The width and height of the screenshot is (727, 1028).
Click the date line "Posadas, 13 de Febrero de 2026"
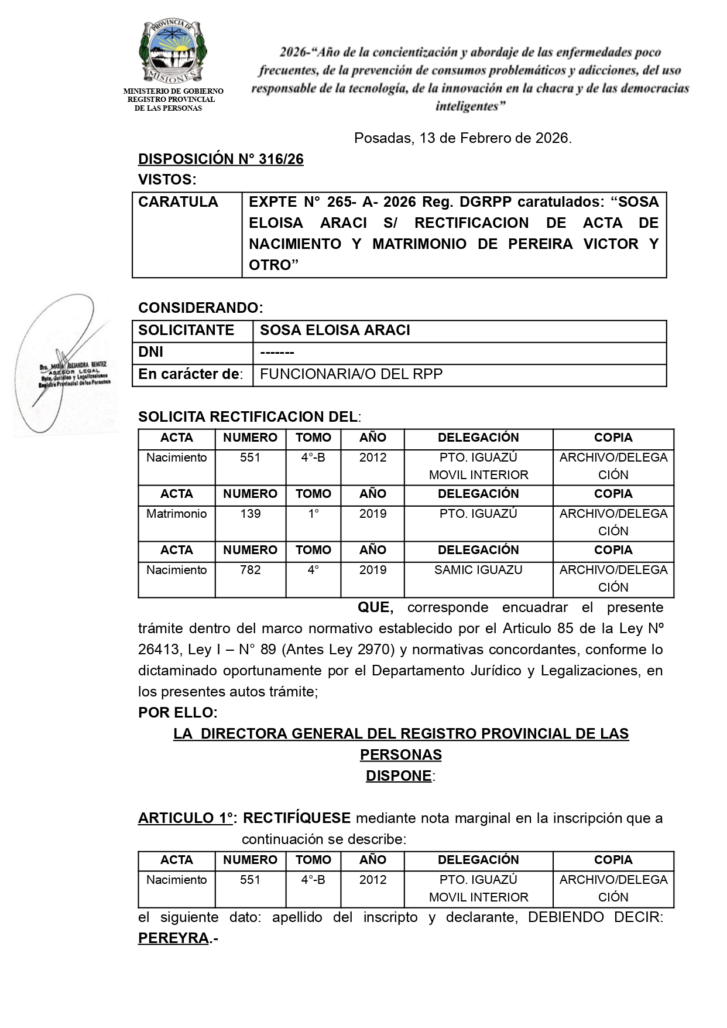[x=462, y=138]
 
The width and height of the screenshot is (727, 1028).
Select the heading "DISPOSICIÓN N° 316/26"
[x=221, y=159]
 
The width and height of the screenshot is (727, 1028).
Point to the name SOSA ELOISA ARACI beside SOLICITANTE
[x=335, y=330]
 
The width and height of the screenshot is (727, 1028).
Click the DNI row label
[x=151, y=352]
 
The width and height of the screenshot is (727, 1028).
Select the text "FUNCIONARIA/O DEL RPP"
[x=351, y=374]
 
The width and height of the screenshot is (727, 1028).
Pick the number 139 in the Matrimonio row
[x=250, y=514]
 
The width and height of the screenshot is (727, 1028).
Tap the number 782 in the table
[x=250, y=570]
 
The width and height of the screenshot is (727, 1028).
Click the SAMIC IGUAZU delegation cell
[x=478, y=570]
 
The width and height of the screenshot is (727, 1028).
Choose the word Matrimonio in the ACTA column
[x=177, y=514]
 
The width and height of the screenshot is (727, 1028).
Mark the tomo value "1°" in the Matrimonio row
[x=313, y=514]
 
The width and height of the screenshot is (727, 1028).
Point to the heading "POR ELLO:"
[x=178, y=713]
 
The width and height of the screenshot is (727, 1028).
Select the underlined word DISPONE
[x=399, y=776]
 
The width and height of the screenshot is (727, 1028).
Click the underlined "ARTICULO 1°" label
[x=186, y=818]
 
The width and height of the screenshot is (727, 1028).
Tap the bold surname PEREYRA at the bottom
[x=173, y=938]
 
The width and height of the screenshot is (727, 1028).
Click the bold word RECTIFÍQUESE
[x=297, y=818]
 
